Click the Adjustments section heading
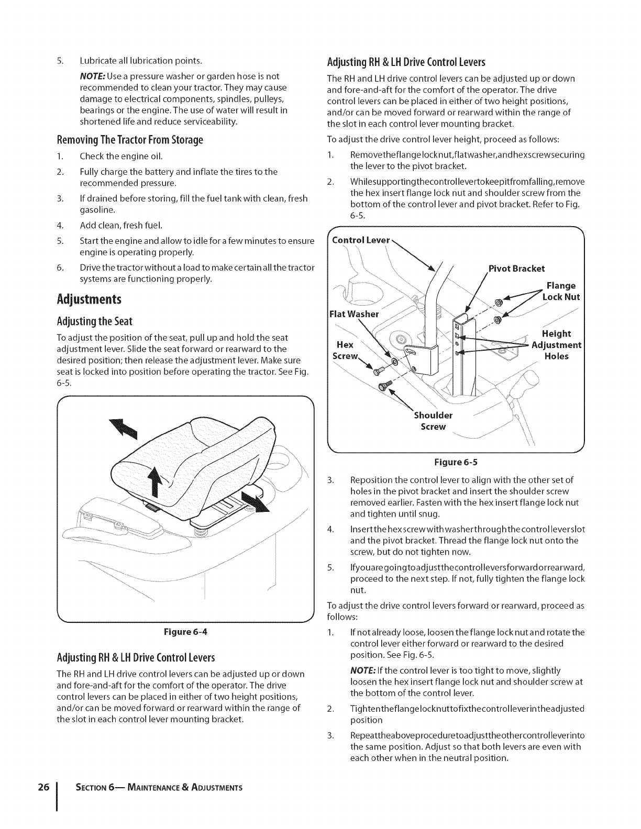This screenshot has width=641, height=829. pyautogui.click(x=89, y=299)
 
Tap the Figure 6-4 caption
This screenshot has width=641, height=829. pyautogui.click(x=186, y=631)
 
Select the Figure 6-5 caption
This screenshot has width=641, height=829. pyautogui.click(x=456, y=462)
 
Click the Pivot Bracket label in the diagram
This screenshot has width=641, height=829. pyautogui.click(x=516, y=268)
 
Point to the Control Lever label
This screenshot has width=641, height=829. pyautogui.click(x=361, y=241)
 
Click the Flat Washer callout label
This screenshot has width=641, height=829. pyautogui.click(x=353, y=314)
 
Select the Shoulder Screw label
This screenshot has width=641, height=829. pyautogui.click(x=433, y=421)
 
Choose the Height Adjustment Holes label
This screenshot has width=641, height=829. pyautogui.click(x=557, y=345)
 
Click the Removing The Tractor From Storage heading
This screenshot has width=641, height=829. pyautogui.click(x=129, y=140)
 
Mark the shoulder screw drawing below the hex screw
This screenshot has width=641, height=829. pyautogui.click(x=388, y=387)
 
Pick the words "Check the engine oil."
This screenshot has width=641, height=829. pyautogui.click(x=121, y=156)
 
